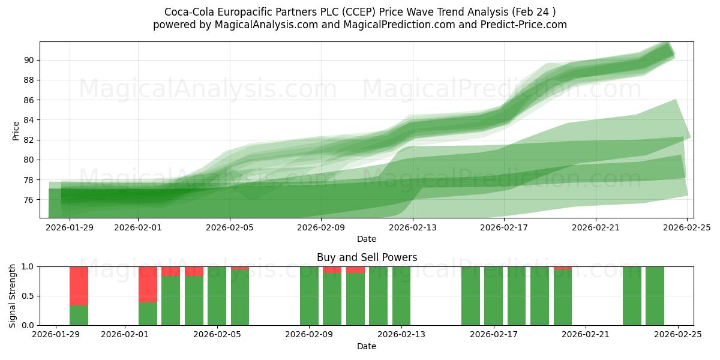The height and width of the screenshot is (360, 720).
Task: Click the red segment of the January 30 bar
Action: click(79, 286)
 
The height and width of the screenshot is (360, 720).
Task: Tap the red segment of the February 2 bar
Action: click(148, 284)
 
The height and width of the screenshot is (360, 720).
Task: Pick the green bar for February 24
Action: click(655, 296)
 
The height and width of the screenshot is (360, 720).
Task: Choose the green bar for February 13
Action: click(401, 296)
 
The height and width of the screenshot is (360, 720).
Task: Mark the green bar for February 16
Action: click(470, 296)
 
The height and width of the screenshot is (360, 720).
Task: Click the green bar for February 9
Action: click(309, 296)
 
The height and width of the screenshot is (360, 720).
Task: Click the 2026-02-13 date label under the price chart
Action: click(413, 227)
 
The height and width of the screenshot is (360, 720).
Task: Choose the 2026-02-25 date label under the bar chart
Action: click(678, 335)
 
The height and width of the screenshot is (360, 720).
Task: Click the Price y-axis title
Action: click(16, 130)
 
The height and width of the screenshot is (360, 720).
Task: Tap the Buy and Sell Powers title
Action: click(367, 257)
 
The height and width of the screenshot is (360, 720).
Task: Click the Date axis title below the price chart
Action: click(367, 239)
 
